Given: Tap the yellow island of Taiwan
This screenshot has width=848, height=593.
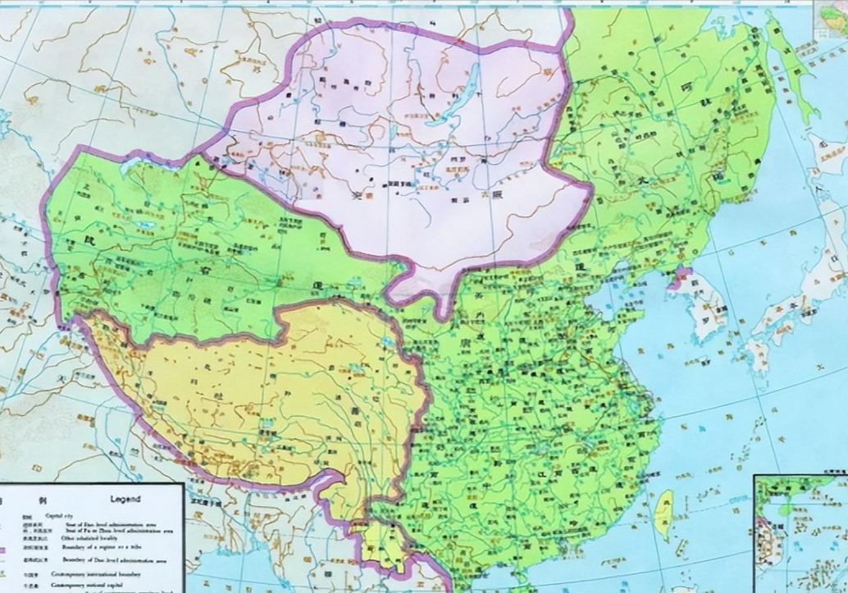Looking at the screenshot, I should click(x=665, y=513).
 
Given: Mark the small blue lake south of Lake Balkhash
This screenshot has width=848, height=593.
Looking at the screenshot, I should click(x=147, y=224).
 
